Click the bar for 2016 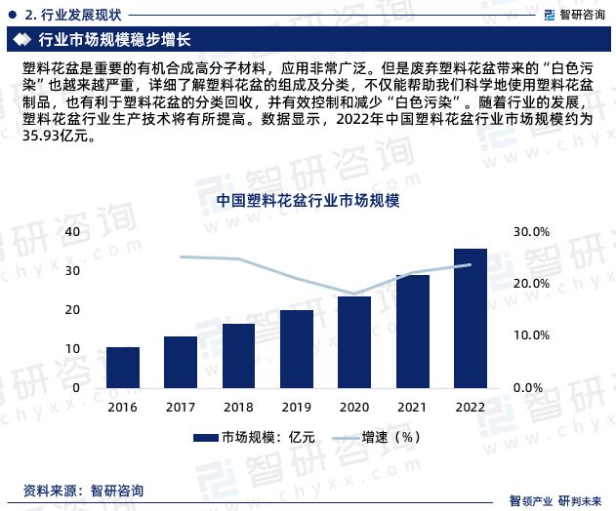123,367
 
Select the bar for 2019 297,348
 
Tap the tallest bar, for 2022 470,318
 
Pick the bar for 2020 354,341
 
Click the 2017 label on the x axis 181,407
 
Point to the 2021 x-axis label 412,407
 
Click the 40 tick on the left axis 73,232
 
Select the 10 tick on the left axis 73,348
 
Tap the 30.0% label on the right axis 532,232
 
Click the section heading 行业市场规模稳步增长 113,40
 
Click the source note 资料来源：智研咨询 83,490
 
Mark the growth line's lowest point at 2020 354,294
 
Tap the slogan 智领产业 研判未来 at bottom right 556,499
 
